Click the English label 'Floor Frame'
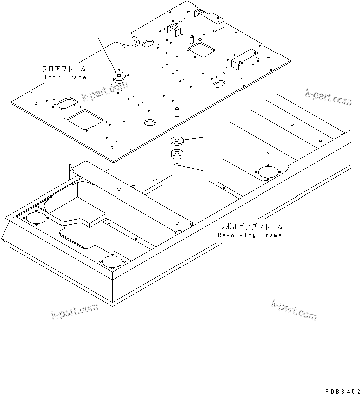click(x=63, y=77)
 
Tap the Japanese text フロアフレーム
click(x=63, y=68)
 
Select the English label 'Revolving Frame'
click(x=250, y=235)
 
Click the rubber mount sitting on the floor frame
click(x=119, y=77)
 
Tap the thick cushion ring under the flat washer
click(x=177, y=154)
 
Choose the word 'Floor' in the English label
click(x=49, y=77)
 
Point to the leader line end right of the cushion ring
click(x=204, y=153)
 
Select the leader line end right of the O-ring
click(x=204, y=171)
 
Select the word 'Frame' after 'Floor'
click(x=75, y=77)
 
